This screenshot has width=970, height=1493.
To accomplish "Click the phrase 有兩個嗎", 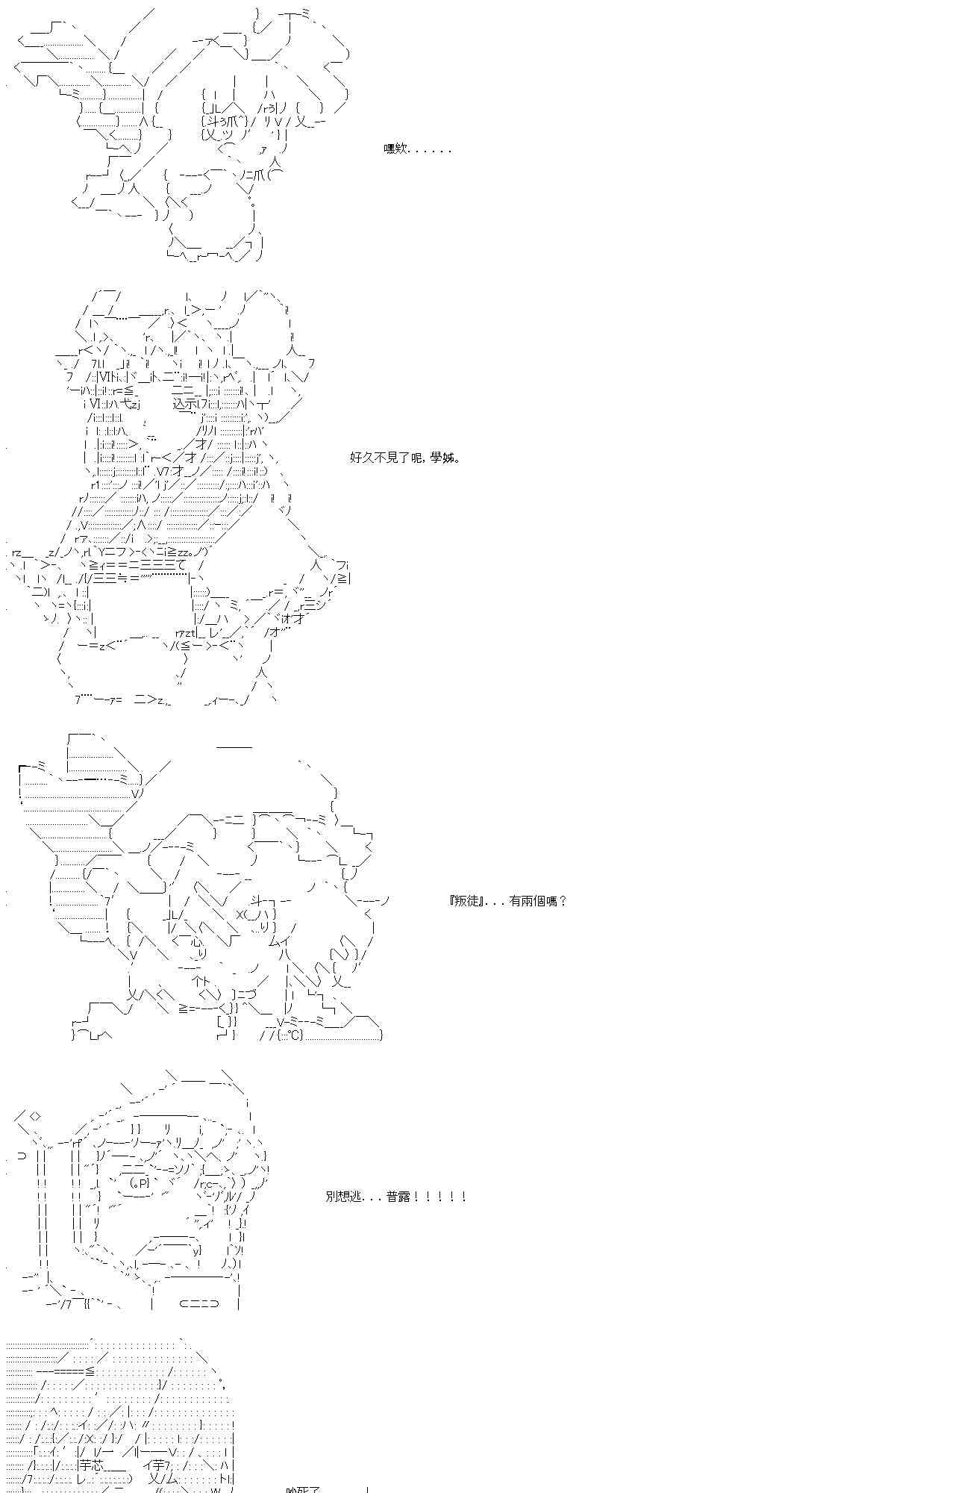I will click(538, 901).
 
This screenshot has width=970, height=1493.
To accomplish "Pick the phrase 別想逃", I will click(342, 1196).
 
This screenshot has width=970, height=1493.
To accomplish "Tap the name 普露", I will click(398, 1196).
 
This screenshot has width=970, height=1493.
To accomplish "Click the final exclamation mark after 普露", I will click(464, 1196).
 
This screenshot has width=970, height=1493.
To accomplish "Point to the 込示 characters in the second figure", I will click(184, 404).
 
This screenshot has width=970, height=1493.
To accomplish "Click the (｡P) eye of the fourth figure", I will click(140, 1182).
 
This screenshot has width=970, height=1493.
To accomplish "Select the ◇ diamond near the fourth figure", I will click(35, 1117).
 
